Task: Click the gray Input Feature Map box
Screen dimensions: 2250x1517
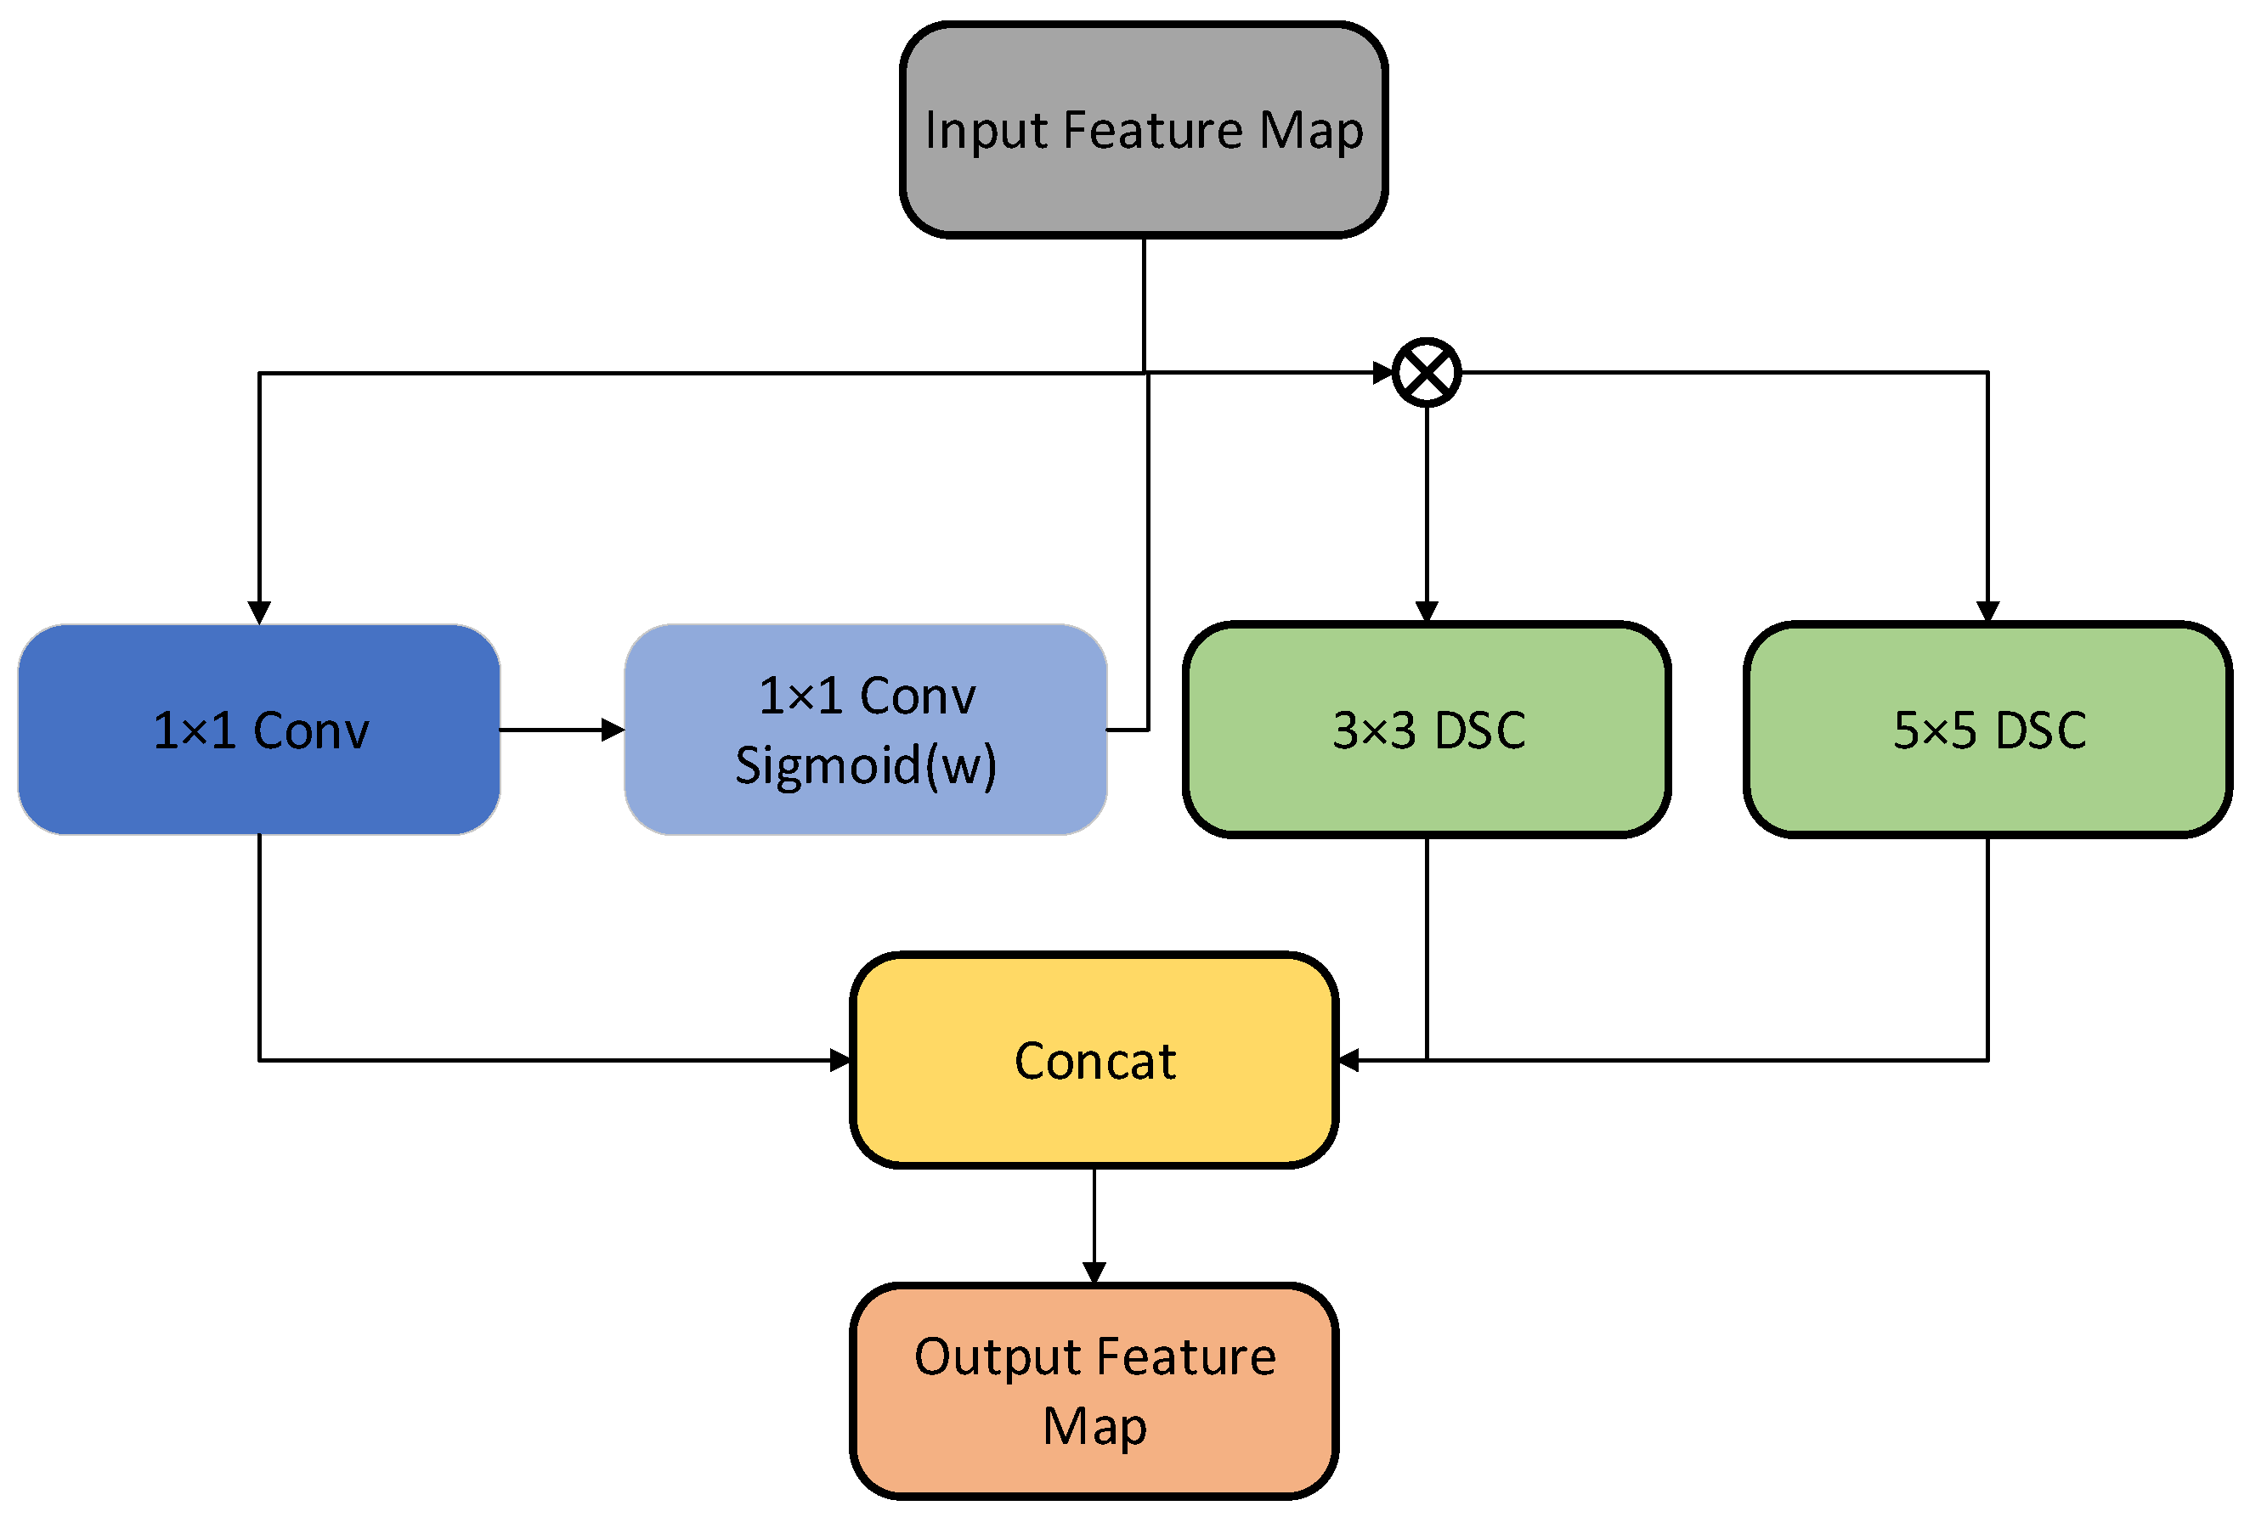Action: pos(1143,130)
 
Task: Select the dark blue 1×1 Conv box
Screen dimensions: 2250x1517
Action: pos(259,730)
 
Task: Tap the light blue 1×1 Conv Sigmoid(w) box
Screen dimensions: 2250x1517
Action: pos(865,730)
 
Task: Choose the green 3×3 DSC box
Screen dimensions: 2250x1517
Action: pos(1427,730)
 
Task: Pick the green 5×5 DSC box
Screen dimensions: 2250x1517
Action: pos(1987,730)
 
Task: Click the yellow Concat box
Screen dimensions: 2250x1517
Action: pos(1094,1060)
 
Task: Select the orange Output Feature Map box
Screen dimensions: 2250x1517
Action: pos(1094,1391)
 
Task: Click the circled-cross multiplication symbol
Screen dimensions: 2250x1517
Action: pos(1427,373)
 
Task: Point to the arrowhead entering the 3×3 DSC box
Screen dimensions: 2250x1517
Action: pos(1427,612)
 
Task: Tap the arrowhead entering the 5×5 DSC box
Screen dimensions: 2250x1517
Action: pos(1987,612)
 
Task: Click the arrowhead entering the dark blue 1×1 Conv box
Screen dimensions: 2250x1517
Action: pos(259,612)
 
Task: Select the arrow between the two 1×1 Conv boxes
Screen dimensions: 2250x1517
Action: pos(562,730)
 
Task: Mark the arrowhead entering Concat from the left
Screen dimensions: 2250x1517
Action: pos(840,1060)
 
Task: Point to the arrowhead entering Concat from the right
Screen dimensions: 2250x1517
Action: pos(1348,1060)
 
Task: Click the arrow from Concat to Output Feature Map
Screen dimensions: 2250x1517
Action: pos(1094,1226)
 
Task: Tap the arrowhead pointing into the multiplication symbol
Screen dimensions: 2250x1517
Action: pos(1383,373)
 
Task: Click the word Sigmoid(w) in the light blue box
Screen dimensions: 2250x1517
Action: pos(865,765)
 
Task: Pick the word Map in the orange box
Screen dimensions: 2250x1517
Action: pos(1094,1427)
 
